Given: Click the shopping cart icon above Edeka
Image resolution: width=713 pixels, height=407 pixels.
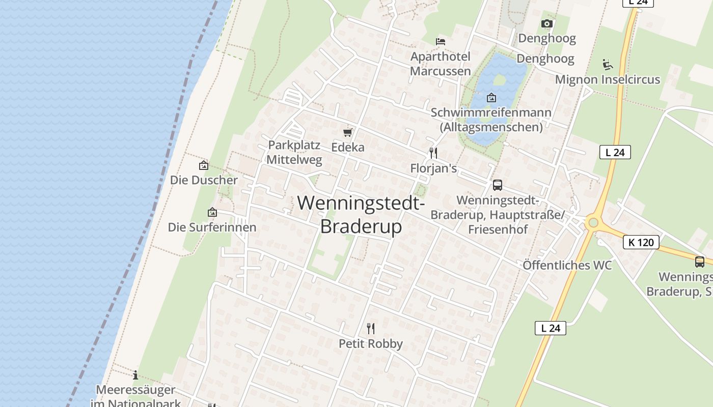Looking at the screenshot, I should [348, 132].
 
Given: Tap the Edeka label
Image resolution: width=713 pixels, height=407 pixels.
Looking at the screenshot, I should [348, 147].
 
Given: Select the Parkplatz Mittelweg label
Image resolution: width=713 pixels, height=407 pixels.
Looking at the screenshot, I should [294, 152].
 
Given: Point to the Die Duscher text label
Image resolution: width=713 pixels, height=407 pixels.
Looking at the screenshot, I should [204, 180].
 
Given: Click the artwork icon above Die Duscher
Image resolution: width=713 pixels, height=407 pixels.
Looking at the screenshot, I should [204, 165].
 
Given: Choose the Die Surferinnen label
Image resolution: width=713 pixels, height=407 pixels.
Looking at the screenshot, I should [212, 227].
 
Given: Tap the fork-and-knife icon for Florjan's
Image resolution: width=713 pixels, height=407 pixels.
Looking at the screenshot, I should [433, 153].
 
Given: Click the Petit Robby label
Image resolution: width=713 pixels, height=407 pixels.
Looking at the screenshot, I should [371, 343].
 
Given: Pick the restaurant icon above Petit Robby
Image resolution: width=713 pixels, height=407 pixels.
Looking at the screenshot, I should [371, 328].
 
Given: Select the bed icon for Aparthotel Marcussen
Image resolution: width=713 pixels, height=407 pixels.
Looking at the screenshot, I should [441, 41].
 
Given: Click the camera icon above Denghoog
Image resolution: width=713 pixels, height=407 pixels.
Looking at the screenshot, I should [547, 23].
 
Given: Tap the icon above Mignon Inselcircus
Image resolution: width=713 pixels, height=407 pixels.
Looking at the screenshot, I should [607, 65].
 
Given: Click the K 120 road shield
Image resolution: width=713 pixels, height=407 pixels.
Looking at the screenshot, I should [641, 242].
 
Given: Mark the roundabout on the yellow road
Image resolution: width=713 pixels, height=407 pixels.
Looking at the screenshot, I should [592, 222].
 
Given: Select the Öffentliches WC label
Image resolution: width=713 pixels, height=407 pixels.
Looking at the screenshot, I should [567, 265].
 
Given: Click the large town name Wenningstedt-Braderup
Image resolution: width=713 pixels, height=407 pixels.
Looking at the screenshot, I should [361, 214].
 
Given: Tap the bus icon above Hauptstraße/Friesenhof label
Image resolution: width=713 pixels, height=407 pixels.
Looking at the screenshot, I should [498, 185].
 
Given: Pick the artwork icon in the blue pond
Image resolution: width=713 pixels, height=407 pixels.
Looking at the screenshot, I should [491, 97].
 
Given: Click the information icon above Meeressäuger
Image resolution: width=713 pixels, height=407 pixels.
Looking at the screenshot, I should [135, 375].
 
